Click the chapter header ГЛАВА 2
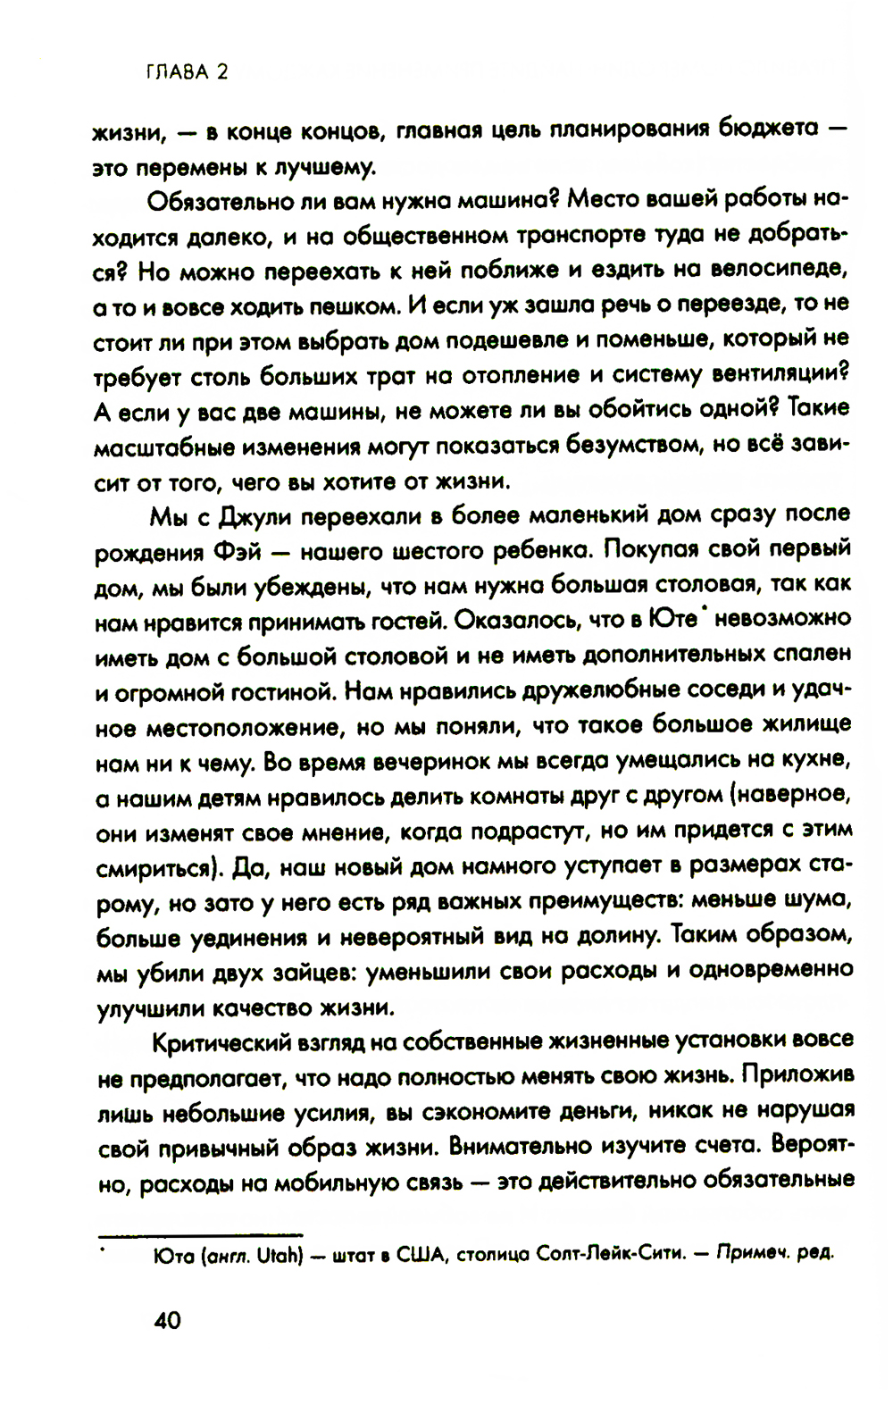[187, 72]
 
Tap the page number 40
[167, 1320]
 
